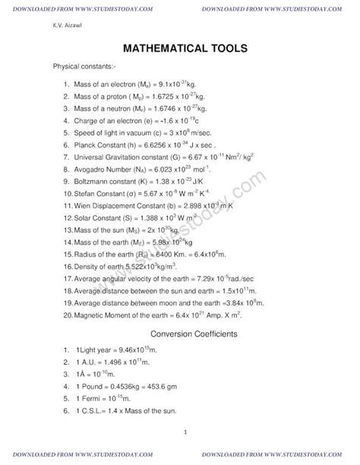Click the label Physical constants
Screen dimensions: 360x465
(x=83, y=68)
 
